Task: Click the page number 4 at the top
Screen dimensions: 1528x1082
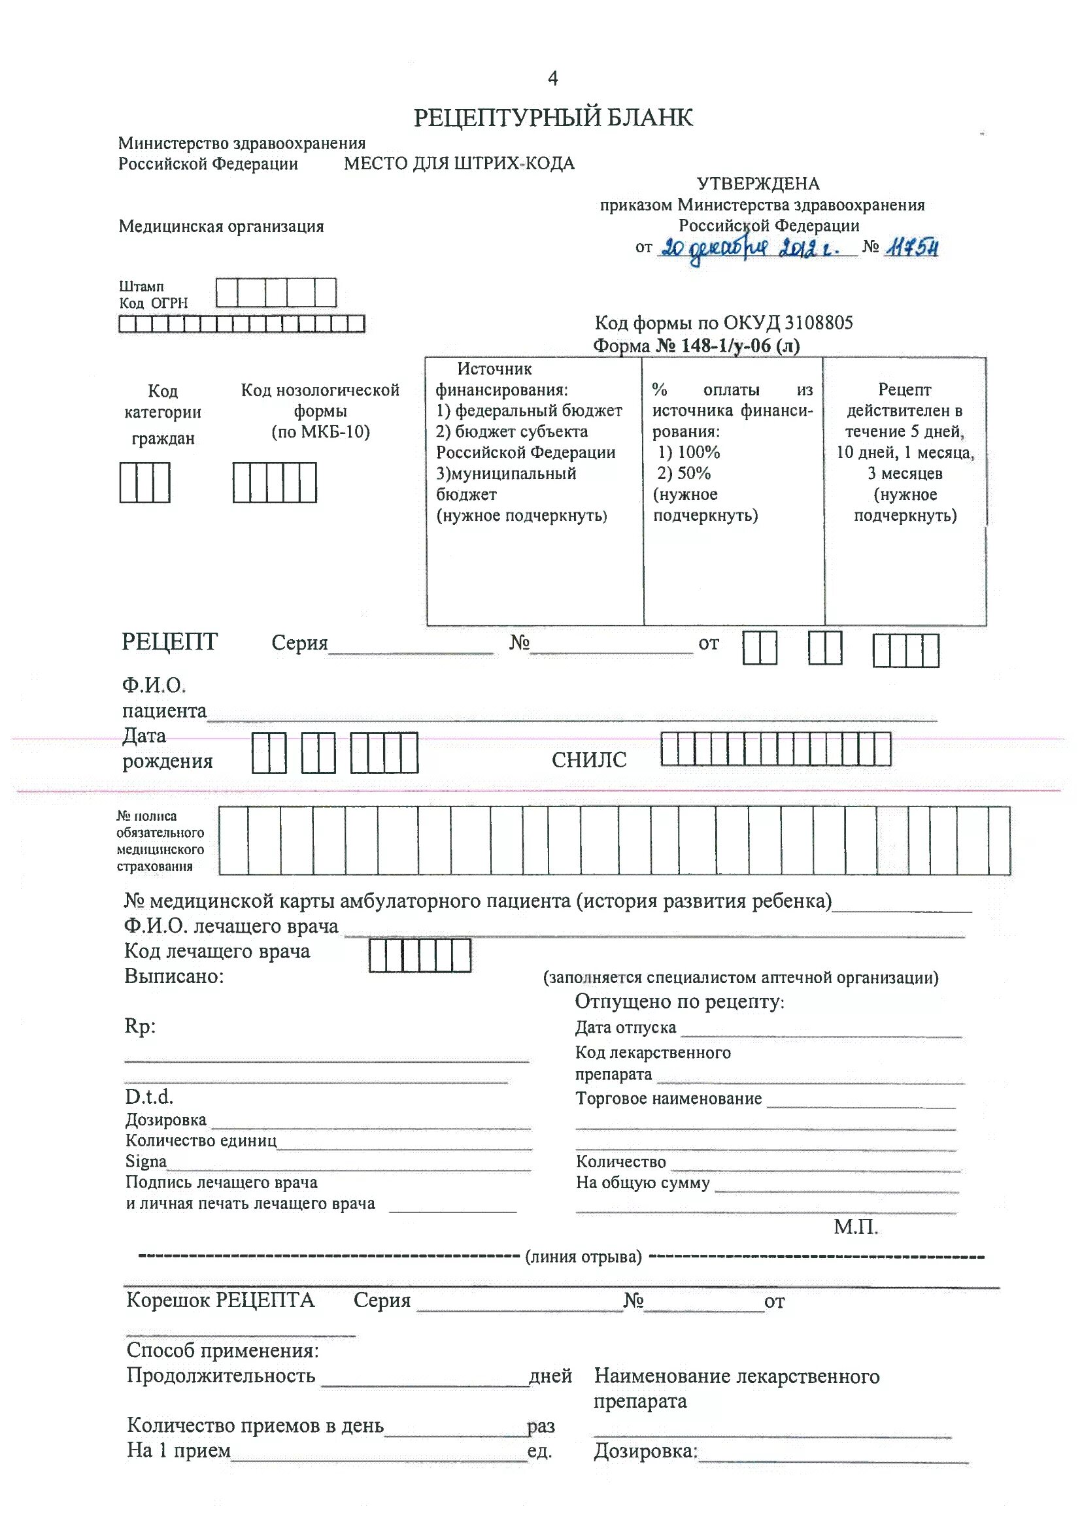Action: pos(552,78)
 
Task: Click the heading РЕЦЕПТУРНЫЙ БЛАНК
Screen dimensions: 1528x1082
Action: pos(552,118)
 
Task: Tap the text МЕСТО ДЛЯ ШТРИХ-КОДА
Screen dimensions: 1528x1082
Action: pos(459,164)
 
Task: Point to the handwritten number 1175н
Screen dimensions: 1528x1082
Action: pos(912,248)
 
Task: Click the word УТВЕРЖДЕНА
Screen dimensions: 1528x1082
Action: pos(758,184)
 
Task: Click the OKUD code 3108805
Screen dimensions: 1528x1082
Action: pos(819,323)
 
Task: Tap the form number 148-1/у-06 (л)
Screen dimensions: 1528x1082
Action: pos(728,346)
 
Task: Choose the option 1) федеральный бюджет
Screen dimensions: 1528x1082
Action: pos(529,411)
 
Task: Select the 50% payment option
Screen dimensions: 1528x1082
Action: pos(685,474)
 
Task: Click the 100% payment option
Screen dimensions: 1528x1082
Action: pos(689,452)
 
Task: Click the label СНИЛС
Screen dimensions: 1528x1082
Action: pos(589,761)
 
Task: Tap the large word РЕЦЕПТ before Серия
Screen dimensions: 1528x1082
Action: pos(169,642)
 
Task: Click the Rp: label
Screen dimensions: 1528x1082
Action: pos(140,1026)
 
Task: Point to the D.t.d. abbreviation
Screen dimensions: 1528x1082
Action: pos(148,1097)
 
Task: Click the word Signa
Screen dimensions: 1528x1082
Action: pos(146,1161)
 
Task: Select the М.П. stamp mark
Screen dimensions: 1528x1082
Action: pos(856,1227)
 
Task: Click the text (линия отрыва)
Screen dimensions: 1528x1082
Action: pos(583,1257)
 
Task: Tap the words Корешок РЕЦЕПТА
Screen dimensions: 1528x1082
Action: pos(220,1300)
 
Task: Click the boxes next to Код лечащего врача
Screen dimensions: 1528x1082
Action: pos(420,956)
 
